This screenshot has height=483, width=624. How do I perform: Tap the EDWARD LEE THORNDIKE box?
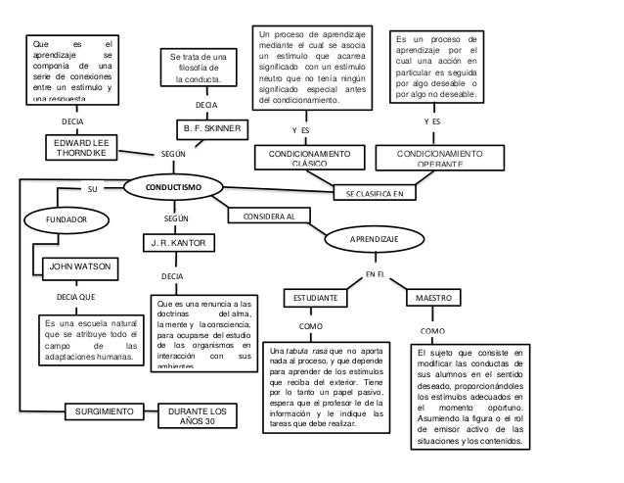(x=83, y=148)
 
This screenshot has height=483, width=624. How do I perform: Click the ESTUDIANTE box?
(x=316, y=296)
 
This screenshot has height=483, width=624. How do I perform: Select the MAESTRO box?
(x=434, y=296)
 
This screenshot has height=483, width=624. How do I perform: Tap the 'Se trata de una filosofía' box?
(x=200, y=67)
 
